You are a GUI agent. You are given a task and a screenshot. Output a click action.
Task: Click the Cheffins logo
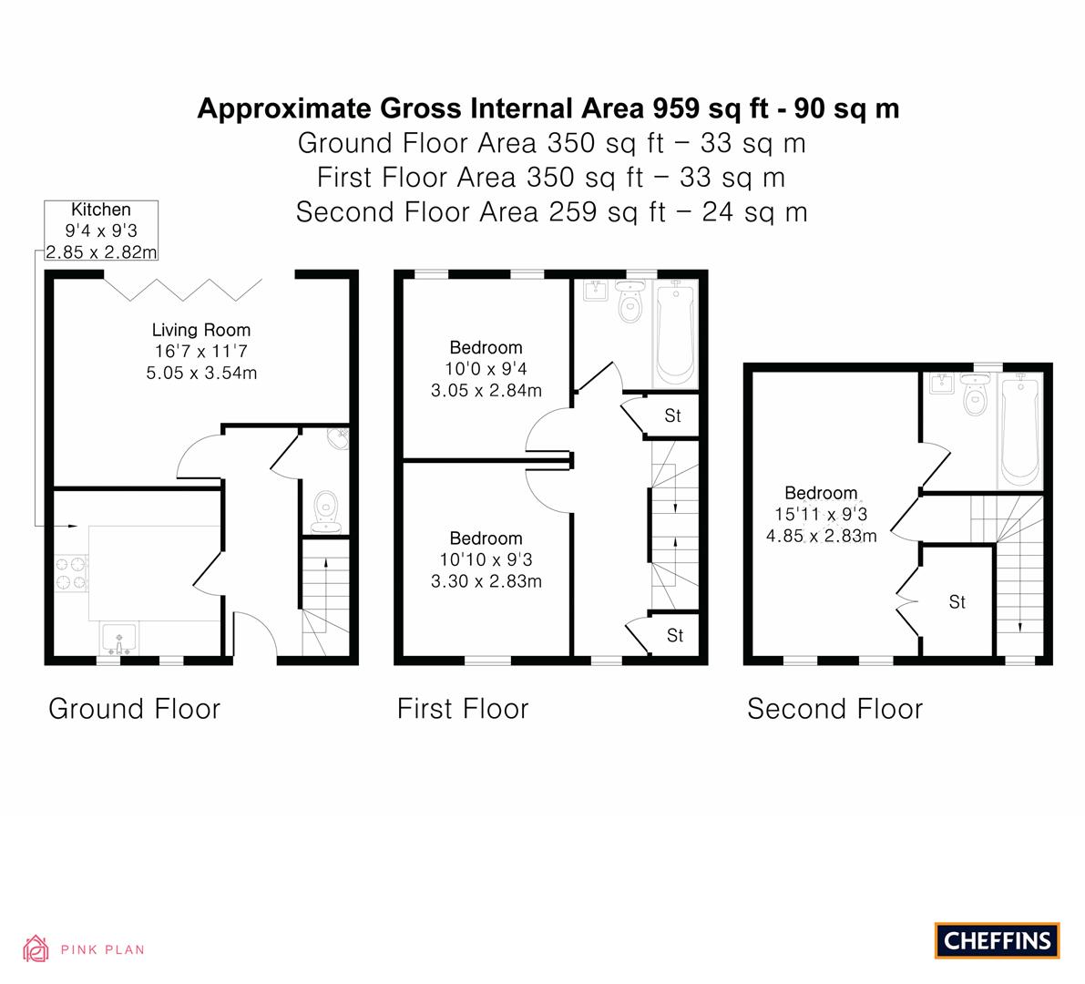[x=997, y=940]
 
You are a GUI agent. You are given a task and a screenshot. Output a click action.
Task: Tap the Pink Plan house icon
[x=36, y=948]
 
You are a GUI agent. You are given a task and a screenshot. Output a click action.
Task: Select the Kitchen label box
[x=101, y=231]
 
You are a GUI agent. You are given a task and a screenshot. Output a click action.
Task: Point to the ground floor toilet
[x=325, y=512]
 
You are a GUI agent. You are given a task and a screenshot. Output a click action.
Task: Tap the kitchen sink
[x=119, y=639]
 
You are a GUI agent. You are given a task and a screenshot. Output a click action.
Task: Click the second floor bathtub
[x=1020, y=430]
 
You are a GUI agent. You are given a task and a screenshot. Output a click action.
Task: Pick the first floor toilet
[x=630, y=302]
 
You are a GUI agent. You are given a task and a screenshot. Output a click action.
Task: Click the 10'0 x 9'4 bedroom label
[x=486, y=369]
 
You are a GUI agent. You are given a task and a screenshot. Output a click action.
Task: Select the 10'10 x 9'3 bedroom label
[x=486, y=559]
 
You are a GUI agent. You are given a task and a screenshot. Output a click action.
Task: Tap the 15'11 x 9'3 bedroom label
[x=821, y=514]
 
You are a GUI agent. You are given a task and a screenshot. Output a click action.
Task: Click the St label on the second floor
[x=957, y=602]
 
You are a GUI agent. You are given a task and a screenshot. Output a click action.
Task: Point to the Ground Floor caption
[x=134, y=709]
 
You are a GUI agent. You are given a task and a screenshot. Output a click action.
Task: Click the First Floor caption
[x=463, y=709]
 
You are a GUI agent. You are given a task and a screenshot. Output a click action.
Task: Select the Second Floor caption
[x=835, y=709]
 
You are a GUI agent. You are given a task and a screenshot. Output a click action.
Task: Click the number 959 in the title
[x=677, y=108]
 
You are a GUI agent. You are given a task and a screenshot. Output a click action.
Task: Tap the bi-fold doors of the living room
[x=183, y=289]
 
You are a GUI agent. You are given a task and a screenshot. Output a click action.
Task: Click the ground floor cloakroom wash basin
[x=339, y=439]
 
